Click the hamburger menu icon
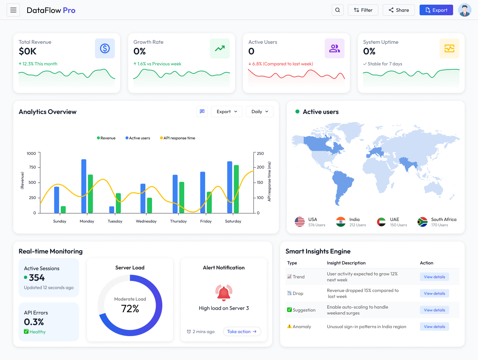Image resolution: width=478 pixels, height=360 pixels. pyautogui.click(x=13, y=10)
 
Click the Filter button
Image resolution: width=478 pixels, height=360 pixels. pyautogui.click(x=363, y=10)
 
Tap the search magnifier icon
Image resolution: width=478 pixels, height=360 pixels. pyautogui.click(x=337, y=10)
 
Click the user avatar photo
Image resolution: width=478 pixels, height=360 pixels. pyautogui.click(x=464, y=10)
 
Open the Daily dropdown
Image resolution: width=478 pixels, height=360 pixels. pyautogui.click(x=260, y=112)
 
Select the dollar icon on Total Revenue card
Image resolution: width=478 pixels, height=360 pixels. pyautogui.click(x=105, y=48)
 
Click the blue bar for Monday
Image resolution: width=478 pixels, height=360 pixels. pyautogui.click(x=84, y=186)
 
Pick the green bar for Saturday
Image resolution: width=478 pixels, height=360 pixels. pyautogui.click(x=236, y=189)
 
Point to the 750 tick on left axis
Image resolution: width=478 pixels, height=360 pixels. pyautogui.click(x=33, y=167)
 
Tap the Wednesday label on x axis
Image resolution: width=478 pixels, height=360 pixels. pyautogui.click(x=146, y=221)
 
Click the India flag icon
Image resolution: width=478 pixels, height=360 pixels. pyautogui.click(x=341, y=222)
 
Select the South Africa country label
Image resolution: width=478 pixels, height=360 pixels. pyautogui.click(x=443, y=220)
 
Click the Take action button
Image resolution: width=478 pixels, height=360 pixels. pyautogui.click(x=242, y=331)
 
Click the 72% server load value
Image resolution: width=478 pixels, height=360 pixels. pyautogui.click(x=130, y=309)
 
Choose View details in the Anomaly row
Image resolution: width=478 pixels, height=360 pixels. pyautogui.click(x=434, y=327)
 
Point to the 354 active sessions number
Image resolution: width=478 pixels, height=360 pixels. pyautogui.click(x=37, y=278)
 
